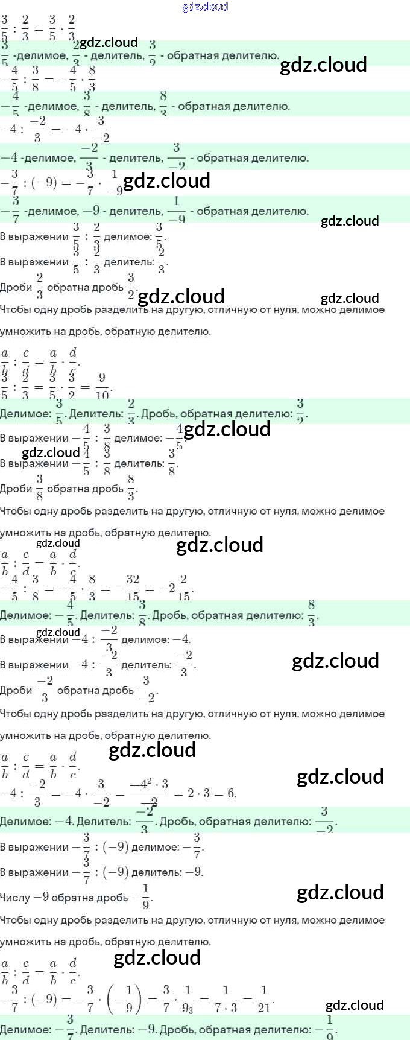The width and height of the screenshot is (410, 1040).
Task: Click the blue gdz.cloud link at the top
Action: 205,7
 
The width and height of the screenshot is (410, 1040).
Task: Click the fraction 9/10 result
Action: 102,387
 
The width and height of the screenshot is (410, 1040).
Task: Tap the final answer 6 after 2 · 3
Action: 231,793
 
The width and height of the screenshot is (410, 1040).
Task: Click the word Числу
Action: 15,898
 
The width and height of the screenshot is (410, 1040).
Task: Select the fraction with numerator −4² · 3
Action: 149,793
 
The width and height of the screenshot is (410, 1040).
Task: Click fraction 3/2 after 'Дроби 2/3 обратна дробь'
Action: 131,287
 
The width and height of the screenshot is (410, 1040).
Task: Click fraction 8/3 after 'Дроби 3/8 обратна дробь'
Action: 131,488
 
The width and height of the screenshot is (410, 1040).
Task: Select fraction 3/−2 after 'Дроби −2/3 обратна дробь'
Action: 147,690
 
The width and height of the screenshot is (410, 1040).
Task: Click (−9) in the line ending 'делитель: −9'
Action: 115,872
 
